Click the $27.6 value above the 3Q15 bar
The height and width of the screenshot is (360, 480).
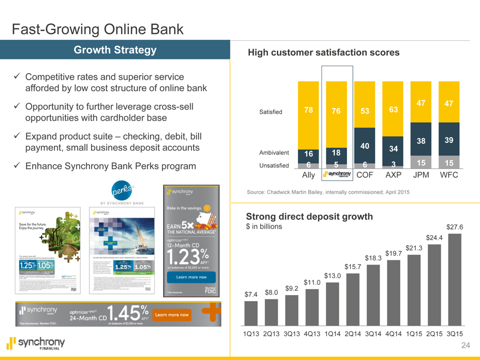[454, 227]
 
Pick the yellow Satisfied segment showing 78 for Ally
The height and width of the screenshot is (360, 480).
[308, 110]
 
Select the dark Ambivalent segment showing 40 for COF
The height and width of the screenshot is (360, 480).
[364, 146]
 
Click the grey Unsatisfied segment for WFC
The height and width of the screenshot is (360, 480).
[448, 163]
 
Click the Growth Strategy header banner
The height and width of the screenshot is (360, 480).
[115, 51]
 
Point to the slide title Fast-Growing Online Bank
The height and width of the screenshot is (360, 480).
[98, 28]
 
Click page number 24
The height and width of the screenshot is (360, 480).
[465, 345]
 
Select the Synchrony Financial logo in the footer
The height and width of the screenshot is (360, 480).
[35, 344]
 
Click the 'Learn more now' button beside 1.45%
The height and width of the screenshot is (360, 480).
[173, 315]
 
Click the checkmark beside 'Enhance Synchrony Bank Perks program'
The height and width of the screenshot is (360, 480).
[17, 166]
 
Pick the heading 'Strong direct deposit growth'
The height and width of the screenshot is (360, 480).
[309, 217]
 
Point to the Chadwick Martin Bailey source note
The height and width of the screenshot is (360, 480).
[328, 191]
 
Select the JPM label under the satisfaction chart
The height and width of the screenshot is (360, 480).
[421, 176]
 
